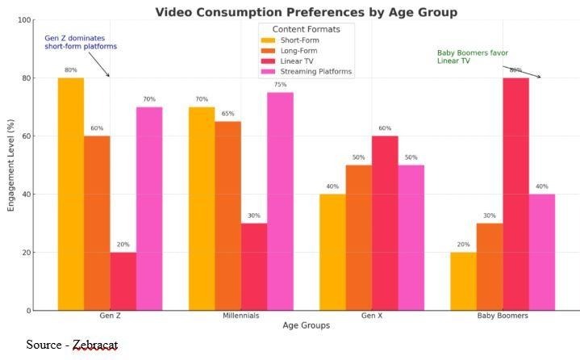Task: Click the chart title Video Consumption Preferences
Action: tap(306, 12)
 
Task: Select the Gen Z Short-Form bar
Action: tap(71, 194)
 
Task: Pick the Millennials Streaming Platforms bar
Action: tap(280, 201)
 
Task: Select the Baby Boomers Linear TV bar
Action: tap(515, 194)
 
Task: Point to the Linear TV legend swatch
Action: tap(267, 61)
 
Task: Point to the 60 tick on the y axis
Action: tap(27, 136)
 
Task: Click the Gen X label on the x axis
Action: tap(372, 316)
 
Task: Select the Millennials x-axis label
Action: tap(240, 316)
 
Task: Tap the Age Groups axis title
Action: tap(306, 326)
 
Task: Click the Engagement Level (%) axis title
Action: tap(11, 165)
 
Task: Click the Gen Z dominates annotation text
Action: tap(81, 42)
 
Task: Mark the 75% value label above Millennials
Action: tap(280, 84)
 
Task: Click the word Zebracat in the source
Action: tap(95, 345)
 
